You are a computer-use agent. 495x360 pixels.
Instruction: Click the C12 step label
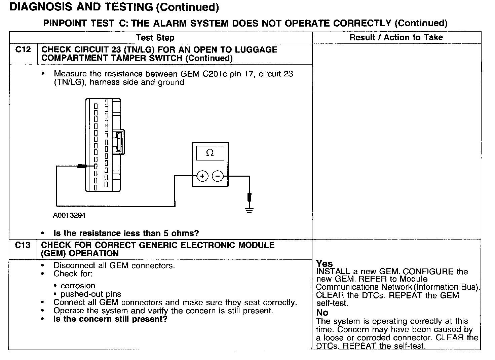click(x=23, y=50)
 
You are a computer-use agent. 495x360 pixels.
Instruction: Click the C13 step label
click(x=23, y=245)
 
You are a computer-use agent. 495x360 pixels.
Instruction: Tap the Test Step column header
click(x=155, y=38)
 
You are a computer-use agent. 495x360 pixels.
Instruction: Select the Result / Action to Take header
click(x=396, y=37)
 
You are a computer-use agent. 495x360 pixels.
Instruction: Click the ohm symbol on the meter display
click(x=210, y=153)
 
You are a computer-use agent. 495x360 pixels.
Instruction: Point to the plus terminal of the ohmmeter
click(x=202, y=176)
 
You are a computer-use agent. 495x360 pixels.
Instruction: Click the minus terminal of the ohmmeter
click(x=218, y=176)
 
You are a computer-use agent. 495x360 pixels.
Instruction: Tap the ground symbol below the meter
click(x=249, y=211)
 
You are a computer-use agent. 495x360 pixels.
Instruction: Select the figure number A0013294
click(x=69, y=215)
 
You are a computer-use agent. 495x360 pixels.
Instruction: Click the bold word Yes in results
click(x=325, y=264)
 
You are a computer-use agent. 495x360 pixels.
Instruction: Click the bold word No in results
click(x=322, y=313)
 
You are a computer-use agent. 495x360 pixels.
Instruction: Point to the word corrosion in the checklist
click(x=78, y=286)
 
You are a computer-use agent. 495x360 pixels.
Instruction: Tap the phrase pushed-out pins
click(x=91, y=294)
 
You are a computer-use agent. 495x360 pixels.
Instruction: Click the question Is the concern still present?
click(x=110, y=319)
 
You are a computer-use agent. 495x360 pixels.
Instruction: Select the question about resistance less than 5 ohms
click(x=126, y=233)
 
